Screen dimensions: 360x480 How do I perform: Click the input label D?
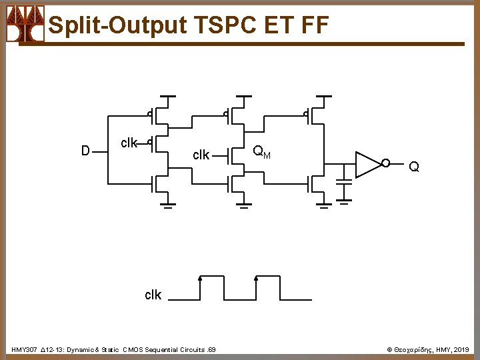pyautogui.click(x=85, y=151)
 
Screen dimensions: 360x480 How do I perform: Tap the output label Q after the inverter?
pyautogui.click(x=414, y=167)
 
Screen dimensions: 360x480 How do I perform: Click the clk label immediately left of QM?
pyautogui.click(x=201, y=155)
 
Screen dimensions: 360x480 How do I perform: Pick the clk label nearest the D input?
pyautogui.click(x=129, y=143)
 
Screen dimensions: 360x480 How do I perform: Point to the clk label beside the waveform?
pyautogui.click(x=153, y=295)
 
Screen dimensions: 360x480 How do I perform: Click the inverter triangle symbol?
pyautogui.click(x=367, y=165)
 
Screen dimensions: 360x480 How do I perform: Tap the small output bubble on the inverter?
pyautogui.click(x=385, y=163)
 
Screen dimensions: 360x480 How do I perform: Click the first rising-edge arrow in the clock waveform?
pyautogui.click(x=200, y=279)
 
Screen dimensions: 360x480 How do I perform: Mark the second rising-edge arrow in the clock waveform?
pyautogui.click(x=256, y=279)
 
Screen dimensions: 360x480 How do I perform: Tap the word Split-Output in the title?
pyautogui.click(x=118, y=25)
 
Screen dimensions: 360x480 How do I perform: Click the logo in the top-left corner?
pyautogui.click(x=25, y=24)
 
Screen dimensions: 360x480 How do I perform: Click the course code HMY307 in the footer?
pyautogui.click(x=24, y=349)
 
